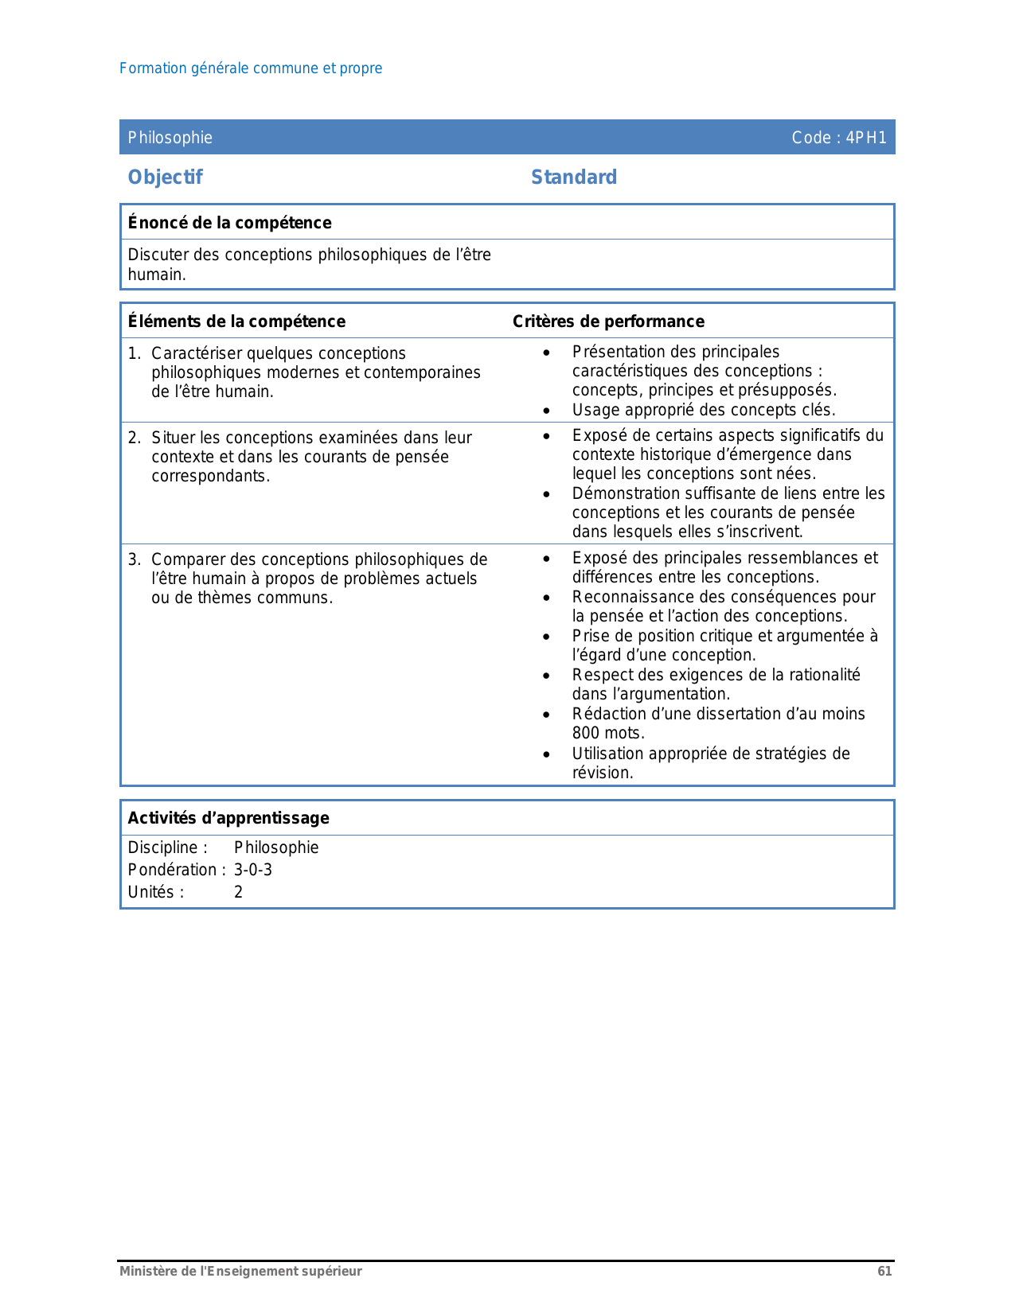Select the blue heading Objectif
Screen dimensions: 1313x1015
[166, 177]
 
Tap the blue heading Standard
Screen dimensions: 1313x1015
[574, 177]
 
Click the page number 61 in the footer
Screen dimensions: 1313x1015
[884, 1272]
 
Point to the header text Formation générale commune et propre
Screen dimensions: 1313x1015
[251, 68]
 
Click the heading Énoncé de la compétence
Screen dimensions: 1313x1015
[229, 223]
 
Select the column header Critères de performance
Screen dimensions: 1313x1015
[608, 321]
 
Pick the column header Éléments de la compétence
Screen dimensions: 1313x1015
[236, 321]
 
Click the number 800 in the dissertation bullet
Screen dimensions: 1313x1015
[586, 734]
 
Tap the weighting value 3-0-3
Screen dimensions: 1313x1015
[253, 870]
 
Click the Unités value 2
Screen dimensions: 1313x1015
[238, 892]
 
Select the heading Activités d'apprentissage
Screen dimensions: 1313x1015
[228, 818]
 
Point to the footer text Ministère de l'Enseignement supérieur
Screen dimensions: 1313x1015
[240, 1272]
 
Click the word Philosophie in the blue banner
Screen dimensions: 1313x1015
[170, 138]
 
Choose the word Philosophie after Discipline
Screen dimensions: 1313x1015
[276, 847]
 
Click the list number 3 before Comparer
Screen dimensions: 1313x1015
[133, 559]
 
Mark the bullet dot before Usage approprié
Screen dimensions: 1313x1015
[546, 411]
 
